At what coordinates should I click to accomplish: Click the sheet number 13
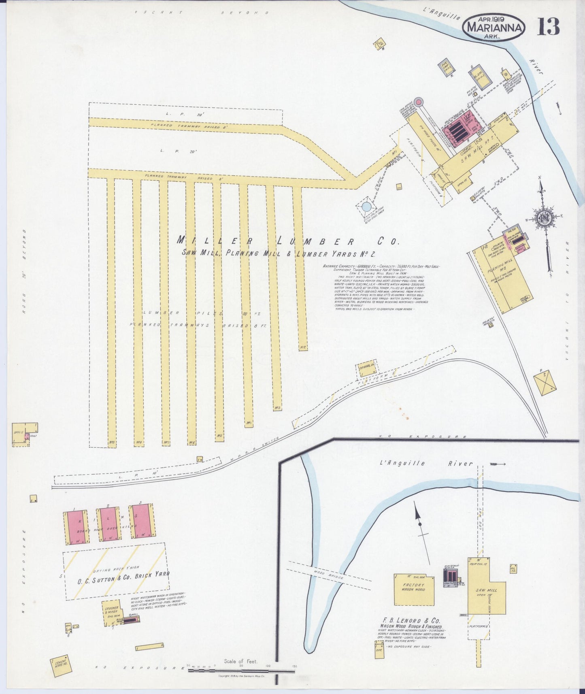point(549,27)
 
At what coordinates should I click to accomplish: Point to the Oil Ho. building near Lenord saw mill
point(514,569)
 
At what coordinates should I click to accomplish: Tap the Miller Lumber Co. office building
point(20,434)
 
